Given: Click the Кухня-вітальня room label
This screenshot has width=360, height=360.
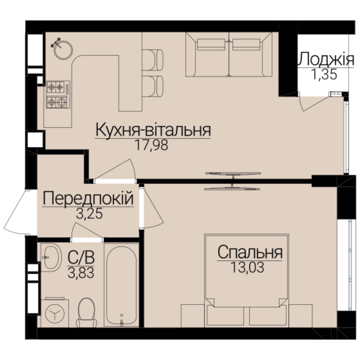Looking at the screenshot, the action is (x=153, y=130).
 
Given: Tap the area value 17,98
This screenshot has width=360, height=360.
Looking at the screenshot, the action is (x=152, y=145).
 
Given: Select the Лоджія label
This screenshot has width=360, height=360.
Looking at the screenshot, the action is (x=326, y=59).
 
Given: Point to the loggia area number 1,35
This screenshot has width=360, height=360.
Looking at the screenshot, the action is (x=324, y=74).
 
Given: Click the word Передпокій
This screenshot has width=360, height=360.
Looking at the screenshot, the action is (x=88, y=199).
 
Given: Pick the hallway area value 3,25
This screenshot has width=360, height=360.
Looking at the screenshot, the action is (x=89, y=214).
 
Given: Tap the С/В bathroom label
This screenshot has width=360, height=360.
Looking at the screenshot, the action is (x=81, y=257).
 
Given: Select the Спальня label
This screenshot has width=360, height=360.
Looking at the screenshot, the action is (x=250, y=252).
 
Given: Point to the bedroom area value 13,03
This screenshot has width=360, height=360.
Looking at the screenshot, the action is (x=247, y=267).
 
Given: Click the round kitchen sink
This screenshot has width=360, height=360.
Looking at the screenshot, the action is (x=63, y=50).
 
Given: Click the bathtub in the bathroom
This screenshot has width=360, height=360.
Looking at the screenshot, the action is (x=121, y=285).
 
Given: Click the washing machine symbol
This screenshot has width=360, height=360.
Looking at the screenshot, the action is (x=55, y=313).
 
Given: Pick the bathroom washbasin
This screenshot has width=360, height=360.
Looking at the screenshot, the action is (x=51, y=257).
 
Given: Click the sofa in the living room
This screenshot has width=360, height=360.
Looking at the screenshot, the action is (x=229, y=54).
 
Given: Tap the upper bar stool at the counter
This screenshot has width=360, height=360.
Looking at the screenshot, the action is (x=153, y=60).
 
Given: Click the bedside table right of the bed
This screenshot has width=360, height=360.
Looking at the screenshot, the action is (x=301, y=316).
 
